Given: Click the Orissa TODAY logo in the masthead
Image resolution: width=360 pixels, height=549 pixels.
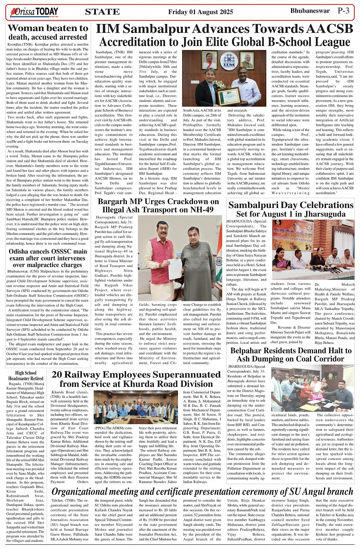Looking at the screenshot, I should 34,12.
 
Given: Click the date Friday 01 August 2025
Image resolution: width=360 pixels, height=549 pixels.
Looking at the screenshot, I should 200,12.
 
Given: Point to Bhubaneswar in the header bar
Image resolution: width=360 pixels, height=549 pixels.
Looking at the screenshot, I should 310,11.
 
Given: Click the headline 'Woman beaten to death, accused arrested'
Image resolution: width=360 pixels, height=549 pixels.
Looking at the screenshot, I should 48,32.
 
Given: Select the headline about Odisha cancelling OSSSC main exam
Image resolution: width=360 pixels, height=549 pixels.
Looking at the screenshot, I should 48,258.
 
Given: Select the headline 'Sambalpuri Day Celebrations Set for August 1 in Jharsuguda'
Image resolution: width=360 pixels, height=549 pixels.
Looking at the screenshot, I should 291,209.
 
